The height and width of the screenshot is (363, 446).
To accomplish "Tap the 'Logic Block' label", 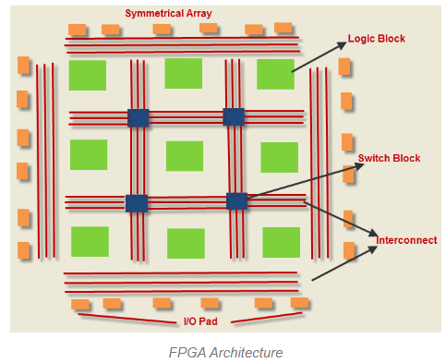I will (x=376, y=39).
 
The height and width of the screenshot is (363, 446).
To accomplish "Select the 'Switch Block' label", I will (x=389, y=159).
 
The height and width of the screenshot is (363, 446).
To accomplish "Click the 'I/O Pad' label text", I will (x=199, y=321).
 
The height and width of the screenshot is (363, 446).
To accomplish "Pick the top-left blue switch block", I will (x=138, y=117).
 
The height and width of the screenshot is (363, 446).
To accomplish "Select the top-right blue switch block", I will (x=234, y=116).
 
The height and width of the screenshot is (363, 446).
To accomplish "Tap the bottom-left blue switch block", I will (x=137, y=203).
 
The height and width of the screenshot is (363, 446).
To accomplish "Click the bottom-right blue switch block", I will (x=237, y=200).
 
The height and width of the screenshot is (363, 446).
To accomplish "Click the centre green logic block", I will (x=185, y=156).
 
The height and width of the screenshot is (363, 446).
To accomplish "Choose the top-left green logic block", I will (x=88, y=75).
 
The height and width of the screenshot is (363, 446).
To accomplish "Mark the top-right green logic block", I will (x=275, y=74).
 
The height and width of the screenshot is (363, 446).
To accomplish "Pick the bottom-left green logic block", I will (x=90, y=241).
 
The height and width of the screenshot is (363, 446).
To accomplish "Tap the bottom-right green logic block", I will (x=281, y=242).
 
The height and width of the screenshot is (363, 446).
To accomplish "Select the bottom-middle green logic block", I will (x=186, y=243).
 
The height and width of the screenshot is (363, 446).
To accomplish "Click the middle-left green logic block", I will (x=89, y=155).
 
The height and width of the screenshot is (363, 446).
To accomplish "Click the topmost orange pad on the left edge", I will (x=23, y=66).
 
